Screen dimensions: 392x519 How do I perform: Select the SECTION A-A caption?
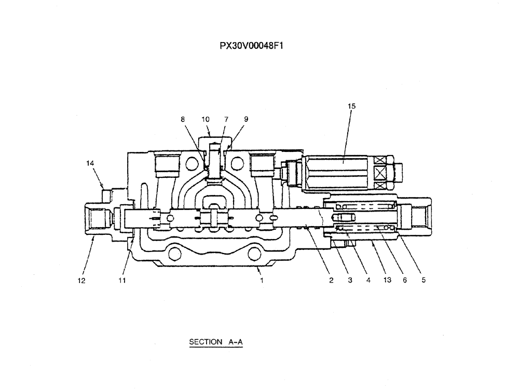coord(216,342)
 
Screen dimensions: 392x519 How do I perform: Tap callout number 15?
coord(351,106)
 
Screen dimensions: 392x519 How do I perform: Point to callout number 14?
coord(90,163)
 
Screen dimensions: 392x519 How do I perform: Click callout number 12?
coord(81,281)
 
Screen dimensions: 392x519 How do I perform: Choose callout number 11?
coord(121,281)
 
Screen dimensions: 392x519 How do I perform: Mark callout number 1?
coord(262,281)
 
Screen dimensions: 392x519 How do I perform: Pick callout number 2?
coord(331,281)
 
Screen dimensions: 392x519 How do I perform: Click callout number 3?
coord(350,281)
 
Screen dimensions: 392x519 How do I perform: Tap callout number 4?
coord(368,281)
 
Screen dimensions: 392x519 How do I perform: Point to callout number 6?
coord(404,281)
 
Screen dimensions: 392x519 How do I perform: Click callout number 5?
coord(424,281)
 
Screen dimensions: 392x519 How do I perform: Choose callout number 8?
coord(183,119)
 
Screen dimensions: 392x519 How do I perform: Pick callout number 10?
coord(206,119)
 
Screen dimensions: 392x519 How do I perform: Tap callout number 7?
coord(226,119)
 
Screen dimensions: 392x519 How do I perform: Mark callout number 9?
coord(246,119)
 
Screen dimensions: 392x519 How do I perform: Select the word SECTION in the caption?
coord(206,342)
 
